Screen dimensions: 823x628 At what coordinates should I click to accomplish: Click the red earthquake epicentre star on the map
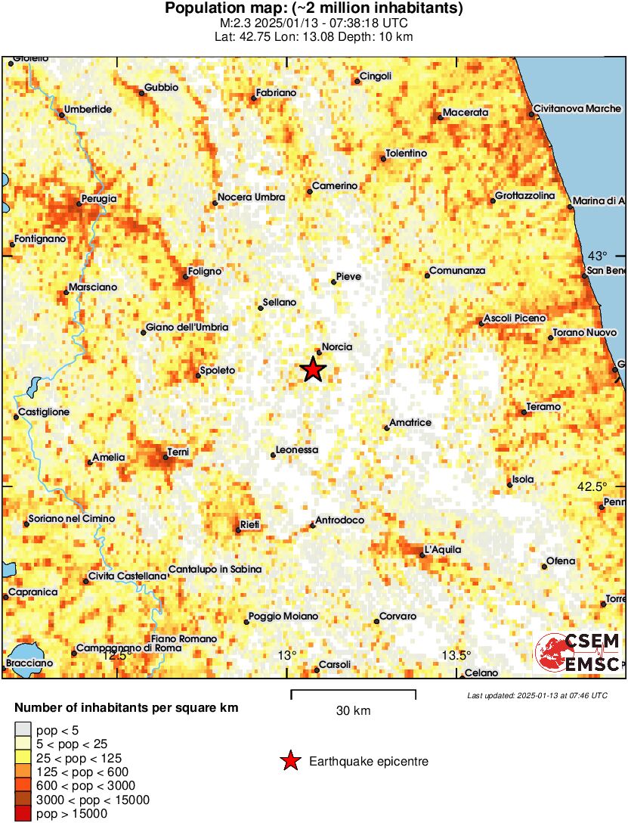[x=313, y=369]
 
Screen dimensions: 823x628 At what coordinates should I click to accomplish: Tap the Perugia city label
[x=99, y=198]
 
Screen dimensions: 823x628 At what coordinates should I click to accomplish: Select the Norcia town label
[x=337, y=347]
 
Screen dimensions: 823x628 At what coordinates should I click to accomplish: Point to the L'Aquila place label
[x=443, y=550]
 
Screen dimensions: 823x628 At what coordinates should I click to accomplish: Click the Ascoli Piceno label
[x=514, y=318]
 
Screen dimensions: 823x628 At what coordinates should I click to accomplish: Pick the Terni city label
[x=178, y=452]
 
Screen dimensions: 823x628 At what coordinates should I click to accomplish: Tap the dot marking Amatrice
[x=387, y=428]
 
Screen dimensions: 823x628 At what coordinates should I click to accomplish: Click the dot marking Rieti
[x=238, y=530]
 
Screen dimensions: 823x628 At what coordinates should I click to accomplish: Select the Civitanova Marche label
[x=577, y=109]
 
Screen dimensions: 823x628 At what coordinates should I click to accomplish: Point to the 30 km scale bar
[x=353, y=691]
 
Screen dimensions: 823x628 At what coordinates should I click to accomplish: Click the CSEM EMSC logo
[x=578, y=654]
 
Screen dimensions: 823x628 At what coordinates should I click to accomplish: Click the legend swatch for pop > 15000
[x=23, y=814]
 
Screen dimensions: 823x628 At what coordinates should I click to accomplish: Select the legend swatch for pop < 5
[x=23, y=730]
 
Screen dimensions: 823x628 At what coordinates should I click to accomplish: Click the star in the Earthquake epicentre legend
[x=289, y=762]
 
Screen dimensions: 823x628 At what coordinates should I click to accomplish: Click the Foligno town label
[x=206, y=271]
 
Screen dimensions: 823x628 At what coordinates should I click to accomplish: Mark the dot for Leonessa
[x=274, y=455]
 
